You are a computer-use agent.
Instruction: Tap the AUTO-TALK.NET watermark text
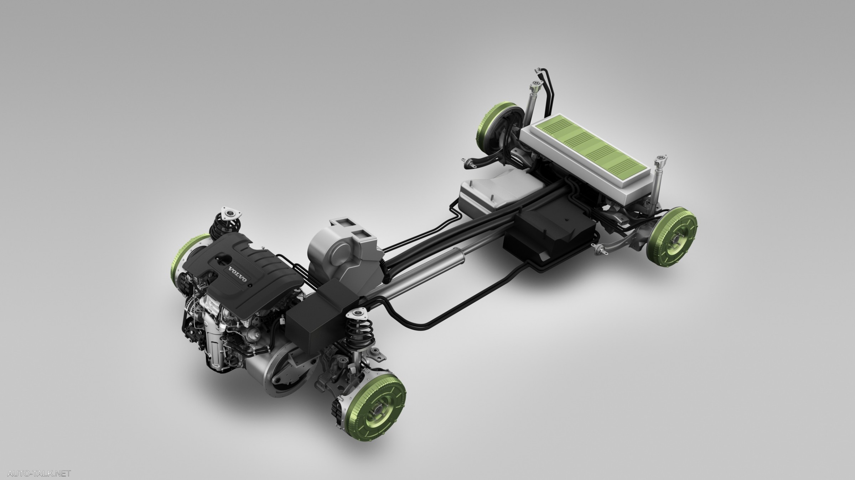39,474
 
